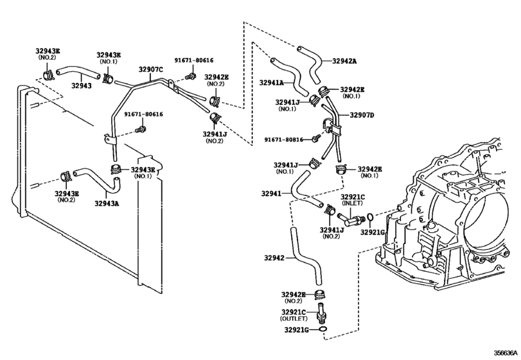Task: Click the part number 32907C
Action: (x=151, y=69)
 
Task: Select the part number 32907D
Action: (x=362, y=115)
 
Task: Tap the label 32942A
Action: (x=344, y=61)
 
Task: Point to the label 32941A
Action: (x=272, y=83)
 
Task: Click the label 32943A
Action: (x=107, y=203)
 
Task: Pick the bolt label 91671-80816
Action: (x=284, y=140)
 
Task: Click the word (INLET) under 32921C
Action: (x=352, y=203)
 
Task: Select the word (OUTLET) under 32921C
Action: (x=294, y=318)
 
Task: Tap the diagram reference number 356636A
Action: (x=506, y=352)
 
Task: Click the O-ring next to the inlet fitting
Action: (x=370, y=217)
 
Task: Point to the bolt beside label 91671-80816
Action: (x=316, y=138)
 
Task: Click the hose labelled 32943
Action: (x=78, y=73)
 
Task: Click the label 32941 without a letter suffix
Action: (x=271, y=194)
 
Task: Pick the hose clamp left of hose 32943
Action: (x=48, y=74)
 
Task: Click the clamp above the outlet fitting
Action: (x=321, y=294)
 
